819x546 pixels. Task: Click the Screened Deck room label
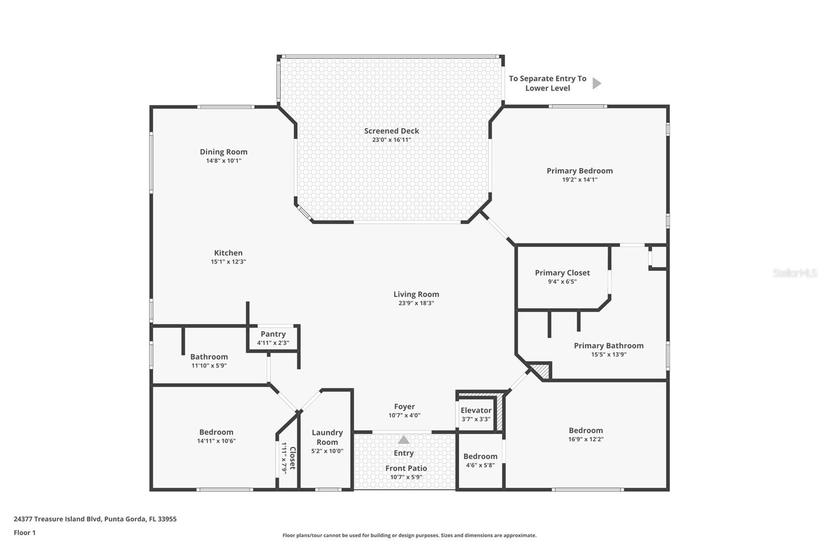[x=392, y=131]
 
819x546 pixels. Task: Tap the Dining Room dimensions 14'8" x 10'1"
[x=224, y=161]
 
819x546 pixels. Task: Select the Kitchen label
[x=228, y=253]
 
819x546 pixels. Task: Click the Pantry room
[x=273, y=338]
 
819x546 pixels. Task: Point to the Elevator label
[x=476, y=410]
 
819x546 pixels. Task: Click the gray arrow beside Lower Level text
[x=596, y=83]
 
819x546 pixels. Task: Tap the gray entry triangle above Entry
[x=404, y=440]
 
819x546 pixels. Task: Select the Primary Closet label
[x=562, y=273]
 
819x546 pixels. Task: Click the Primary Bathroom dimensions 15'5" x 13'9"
[x=609, y=354]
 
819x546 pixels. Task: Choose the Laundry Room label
[x=327, y=437]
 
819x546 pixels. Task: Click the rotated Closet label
[x=292, y=458]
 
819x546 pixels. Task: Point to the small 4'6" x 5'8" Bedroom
[x=480, y=460]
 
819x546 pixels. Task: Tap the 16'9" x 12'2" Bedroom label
[x=586, y=431]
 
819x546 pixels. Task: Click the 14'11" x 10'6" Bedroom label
[x=216, y=432]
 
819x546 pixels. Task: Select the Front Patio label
[x=406, y=468]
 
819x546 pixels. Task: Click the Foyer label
[x=404, y=407]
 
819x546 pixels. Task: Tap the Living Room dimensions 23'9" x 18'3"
[x=416, y=303]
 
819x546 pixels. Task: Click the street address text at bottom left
[x=95, y=519]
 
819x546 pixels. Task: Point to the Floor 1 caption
[x=25, y=533]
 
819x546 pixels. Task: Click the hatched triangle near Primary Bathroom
[x=542, y=370]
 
